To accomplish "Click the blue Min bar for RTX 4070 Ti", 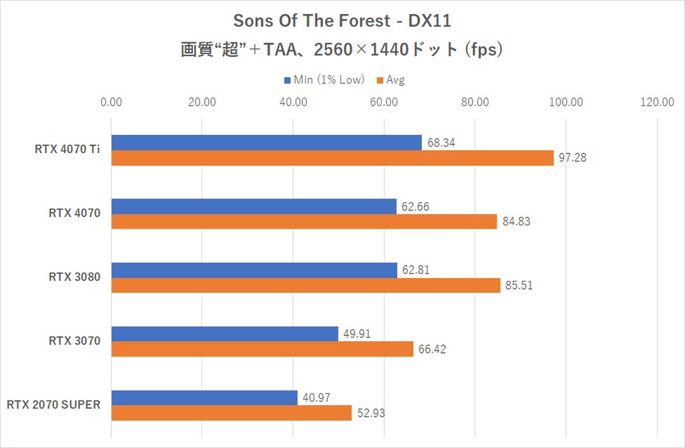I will [x=267, y=143].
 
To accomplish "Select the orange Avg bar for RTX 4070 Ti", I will [x=333, y=158].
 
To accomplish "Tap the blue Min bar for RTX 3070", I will [x=225, y=334].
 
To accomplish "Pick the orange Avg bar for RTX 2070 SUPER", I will [x=232, y=413].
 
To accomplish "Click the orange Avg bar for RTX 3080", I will [x=306, y=286].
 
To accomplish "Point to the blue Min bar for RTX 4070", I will [x=254, y=206].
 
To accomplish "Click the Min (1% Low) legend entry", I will [x=324, y=79].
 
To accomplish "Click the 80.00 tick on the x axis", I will [x=475, y=103].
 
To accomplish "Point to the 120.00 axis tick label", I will [x=657, y=103].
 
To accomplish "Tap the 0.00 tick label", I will [x=112, y=103].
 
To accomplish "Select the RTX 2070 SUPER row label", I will [x=54, y=404].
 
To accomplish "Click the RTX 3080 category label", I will [x=74, y=277].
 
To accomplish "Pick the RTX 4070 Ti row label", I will [x=67, y=149].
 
